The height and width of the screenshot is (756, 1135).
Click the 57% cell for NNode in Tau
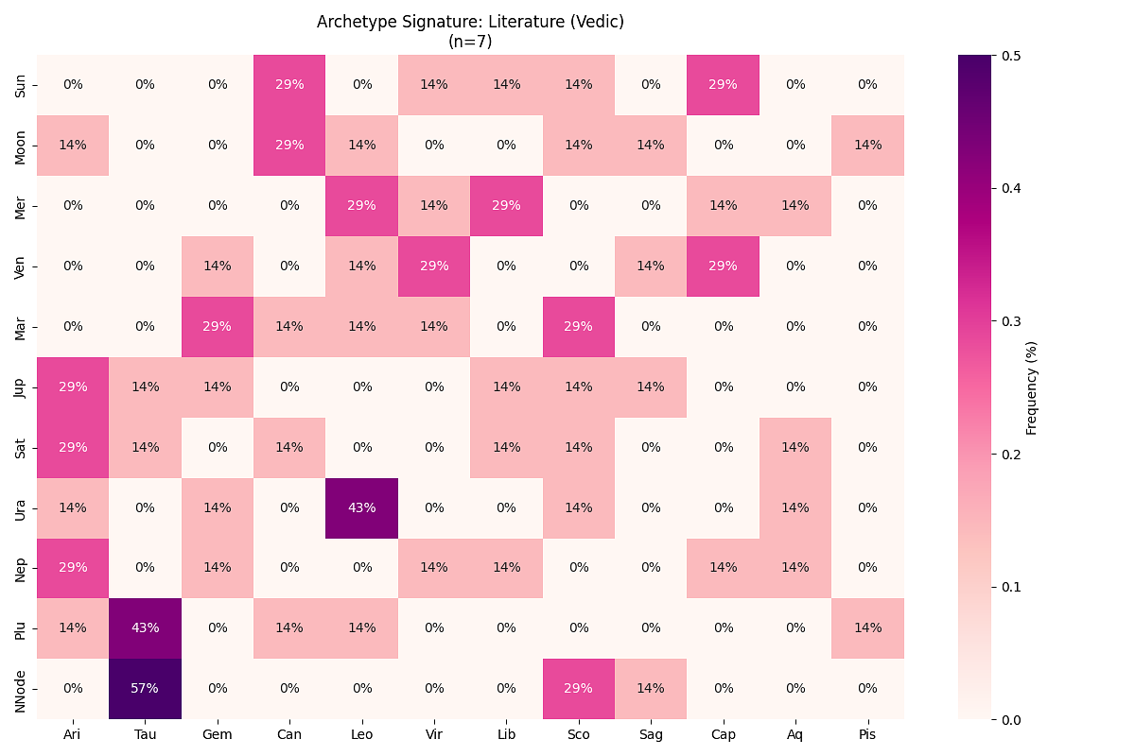[x=145, y=689]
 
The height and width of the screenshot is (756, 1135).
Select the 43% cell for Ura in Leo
[x=361, y=507]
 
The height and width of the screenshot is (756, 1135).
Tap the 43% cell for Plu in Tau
[x=145, y=628]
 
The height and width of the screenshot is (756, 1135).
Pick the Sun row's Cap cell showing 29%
[x=723, y=84]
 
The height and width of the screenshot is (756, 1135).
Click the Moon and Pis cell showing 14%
[x=867, y=145]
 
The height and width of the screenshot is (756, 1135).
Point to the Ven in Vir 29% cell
[x=434, y=266]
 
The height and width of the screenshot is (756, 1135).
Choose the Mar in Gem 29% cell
[x=218, y=326]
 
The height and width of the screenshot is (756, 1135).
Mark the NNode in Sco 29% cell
[x=578, y=689]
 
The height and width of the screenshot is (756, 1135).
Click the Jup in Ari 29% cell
[x=73, y=387]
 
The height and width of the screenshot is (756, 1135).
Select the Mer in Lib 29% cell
[x=506, y=205]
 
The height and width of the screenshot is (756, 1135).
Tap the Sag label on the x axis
[x=651, y=734]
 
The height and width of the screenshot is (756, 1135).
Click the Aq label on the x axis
[x=795, y=734]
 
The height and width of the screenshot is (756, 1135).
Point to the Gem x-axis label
[x=218, y=734]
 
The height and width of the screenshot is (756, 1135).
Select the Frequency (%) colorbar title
[x=1032, y=387]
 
